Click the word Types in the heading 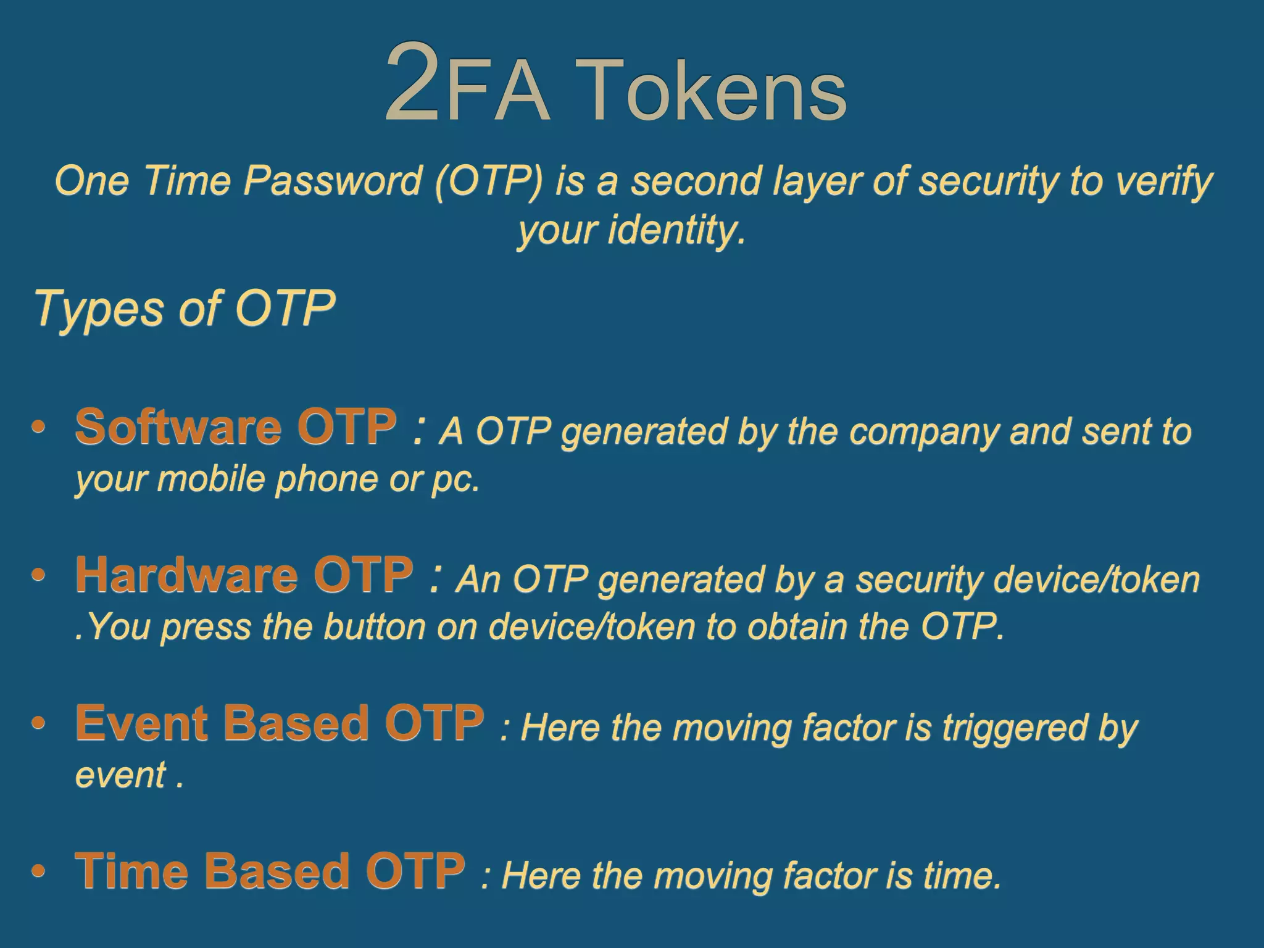(99, 309)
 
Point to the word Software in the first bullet (178, 427)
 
